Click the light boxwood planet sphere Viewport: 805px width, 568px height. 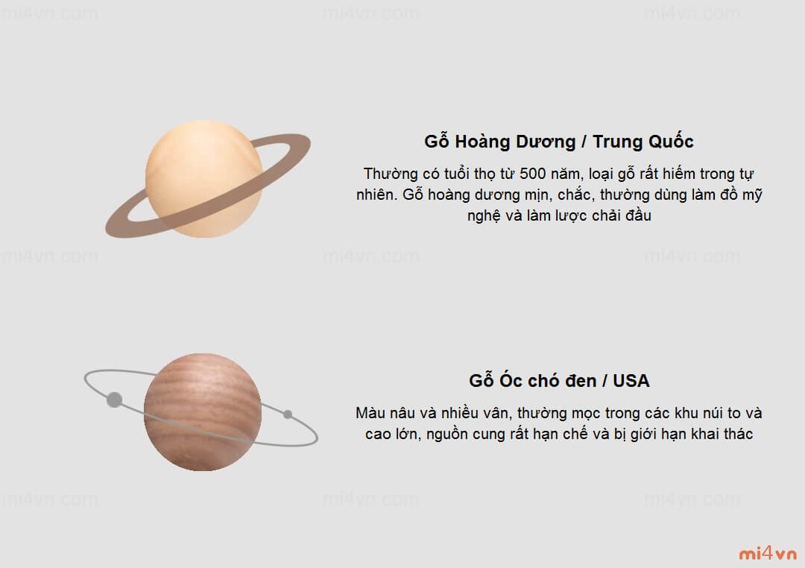pos(203,179)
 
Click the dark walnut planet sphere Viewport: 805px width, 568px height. pos(203,412)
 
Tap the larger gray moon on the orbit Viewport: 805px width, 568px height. pos(115,400)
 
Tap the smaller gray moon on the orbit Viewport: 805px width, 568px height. pos(288,414)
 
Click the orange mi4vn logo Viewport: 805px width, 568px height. pos(768,554)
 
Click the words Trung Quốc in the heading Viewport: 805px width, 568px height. pos(643,141)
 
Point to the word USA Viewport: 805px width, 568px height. pos(631,381)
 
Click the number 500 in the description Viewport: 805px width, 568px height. pos(532,174)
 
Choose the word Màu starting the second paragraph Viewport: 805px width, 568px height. pos(370,413)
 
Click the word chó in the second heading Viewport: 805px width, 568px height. pos(542,381)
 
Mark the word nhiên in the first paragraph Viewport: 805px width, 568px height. pos(377,195)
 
